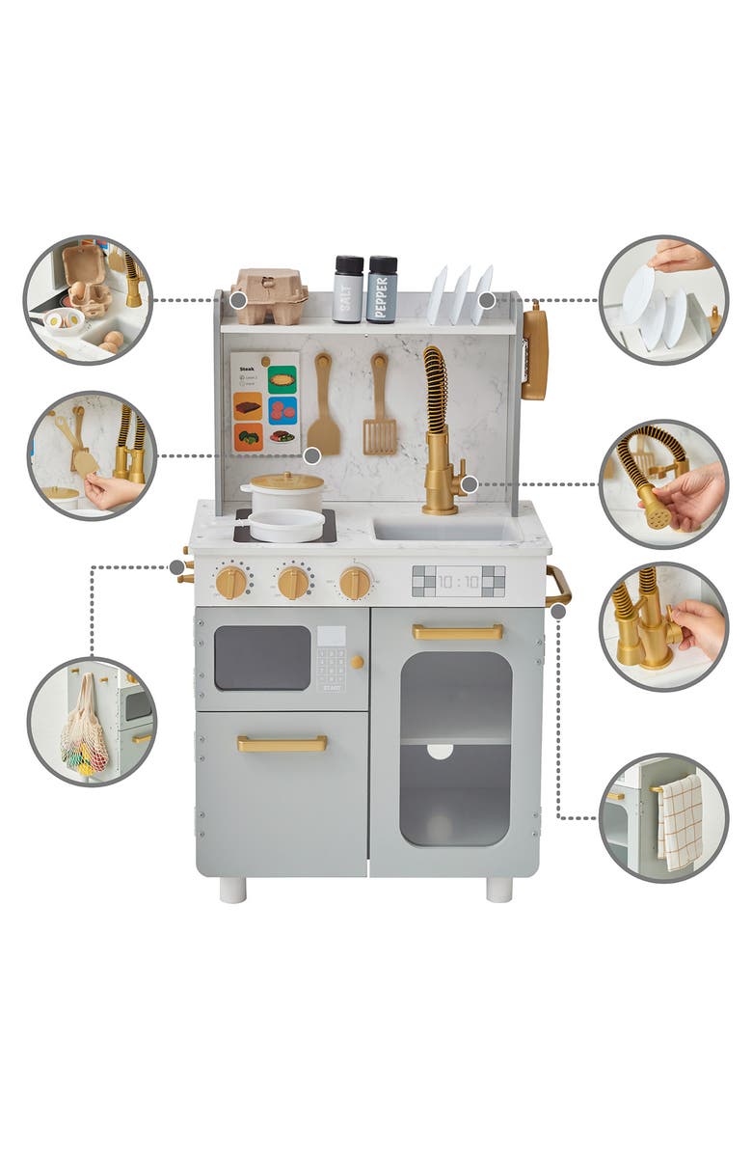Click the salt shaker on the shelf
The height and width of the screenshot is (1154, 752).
[348, 288]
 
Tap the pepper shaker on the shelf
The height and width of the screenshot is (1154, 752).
[382, 288]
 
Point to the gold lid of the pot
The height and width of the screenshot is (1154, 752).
[286, 481]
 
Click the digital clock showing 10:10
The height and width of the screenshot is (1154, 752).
[458, 581]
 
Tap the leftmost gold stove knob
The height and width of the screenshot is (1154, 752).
[231, 582]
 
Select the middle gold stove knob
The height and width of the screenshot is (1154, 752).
[293, 582]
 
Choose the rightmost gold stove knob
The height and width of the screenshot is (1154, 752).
[355, 582]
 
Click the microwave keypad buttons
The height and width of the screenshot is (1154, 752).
[331, 666]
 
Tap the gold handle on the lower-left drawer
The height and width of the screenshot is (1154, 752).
[282, 744]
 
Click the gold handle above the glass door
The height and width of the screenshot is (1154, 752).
[458, 632]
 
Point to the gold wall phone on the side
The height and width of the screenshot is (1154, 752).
[535, 351]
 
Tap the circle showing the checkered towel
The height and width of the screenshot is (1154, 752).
[663, 818]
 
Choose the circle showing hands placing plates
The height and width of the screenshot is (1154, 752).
[663, 299]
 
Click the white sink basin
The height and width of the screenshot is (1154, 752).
[444, 529]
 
